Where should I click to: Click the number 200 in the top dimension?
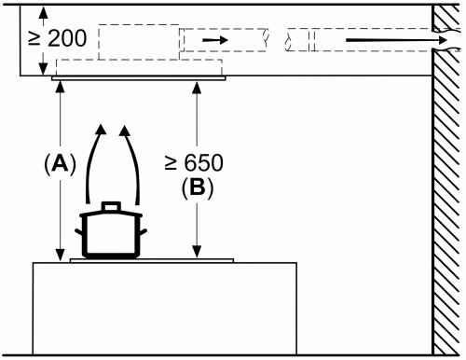tap(67, 38)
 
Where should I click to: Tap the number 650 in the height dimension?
tap(203, 162)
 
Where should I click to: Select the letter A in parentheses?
tap(60, 164)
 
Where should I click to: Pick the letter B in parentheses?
tap(198, 187)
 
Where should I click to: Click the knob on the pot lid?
tap(111, 206)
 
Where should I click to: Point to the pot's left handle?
tap(78, 232)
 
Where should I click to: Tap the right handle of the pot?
tap(144, 232)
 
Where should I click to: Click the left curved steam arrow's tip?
tap(101, 125)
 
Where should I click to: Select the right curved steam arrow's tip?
tap(124, 125)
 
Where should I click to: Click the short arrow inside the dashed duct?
tap(215, 40)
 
